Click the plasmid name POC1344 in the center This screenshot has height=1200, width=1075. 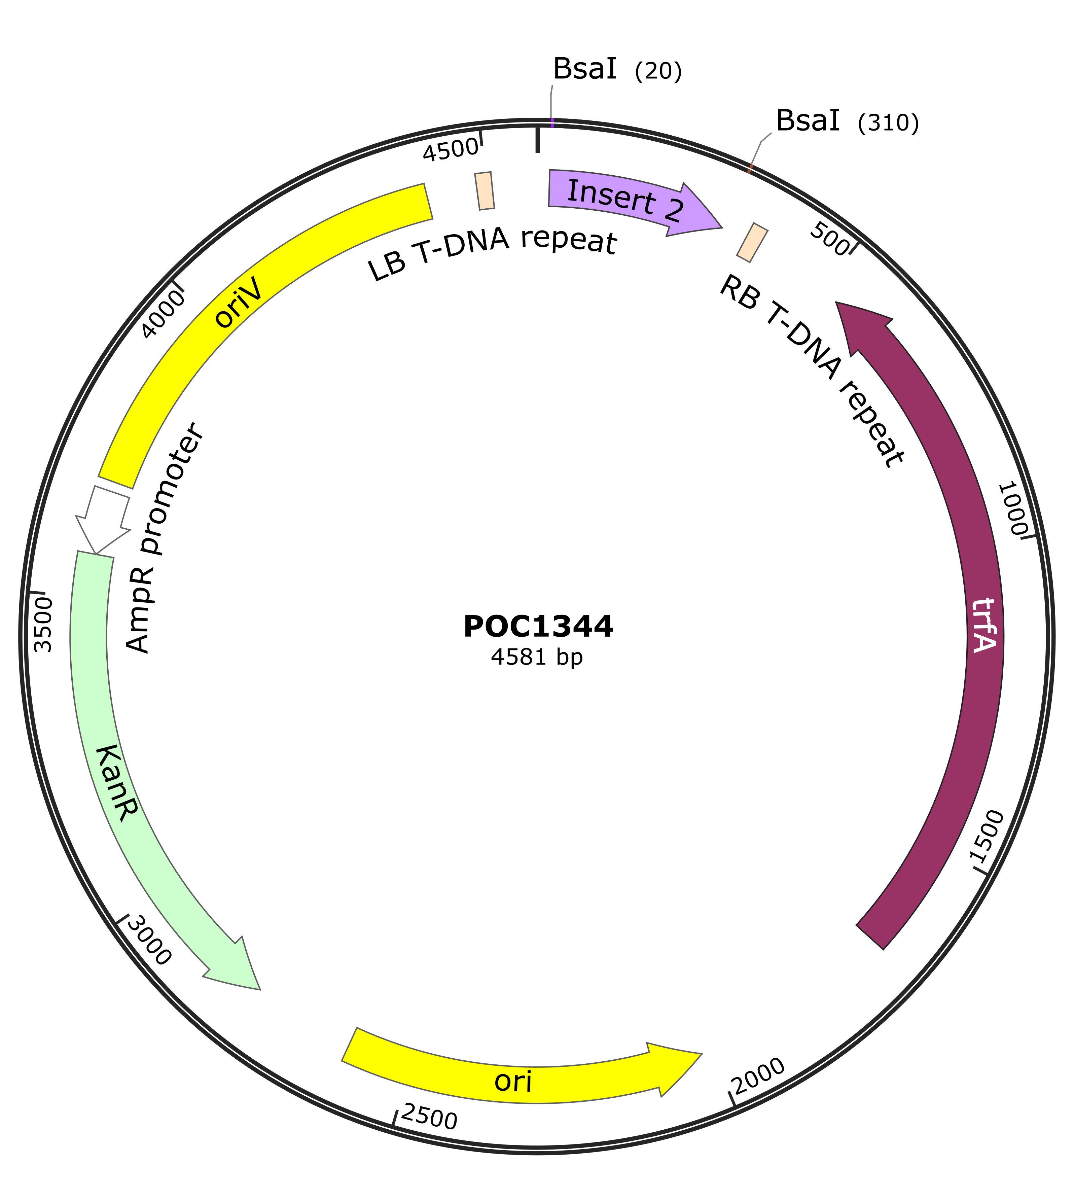[538, 627]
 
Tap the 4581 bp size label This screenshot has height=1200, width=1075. [537, 657]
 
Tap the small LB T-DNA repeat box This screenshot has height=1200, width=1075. [485, 190]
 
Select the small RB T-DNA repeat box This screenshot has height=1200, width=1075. [752, 242]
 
